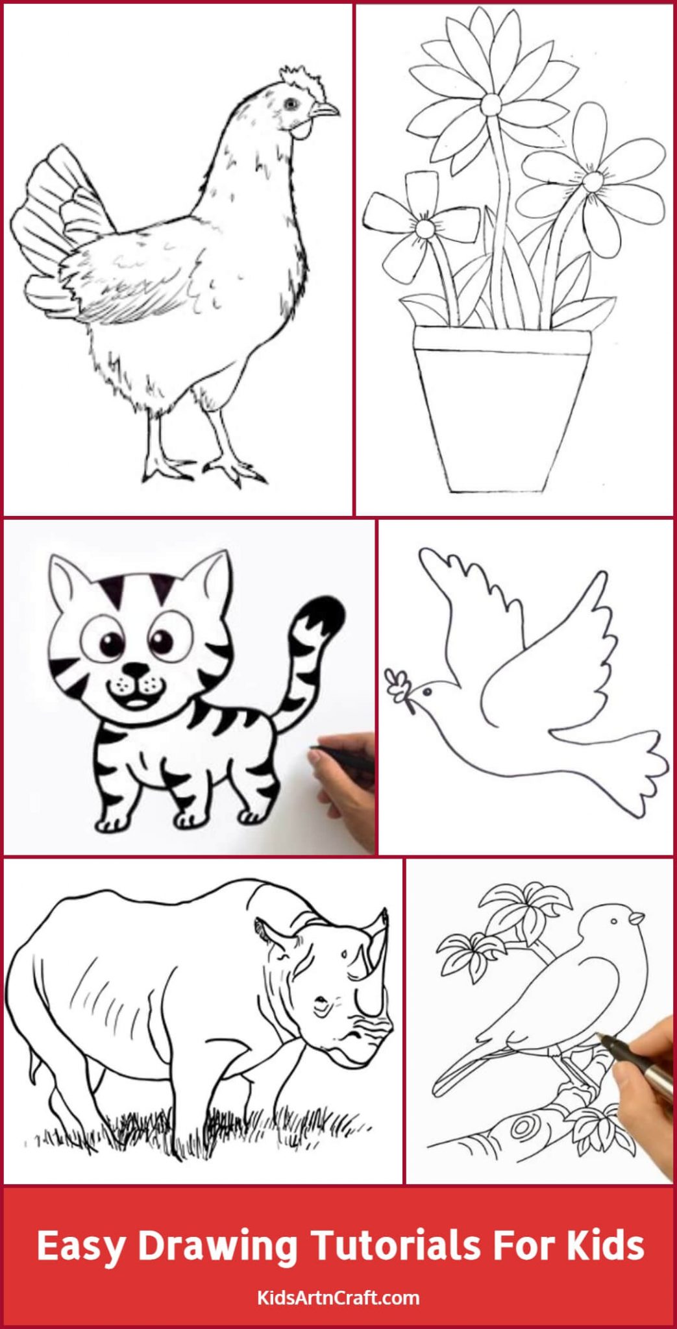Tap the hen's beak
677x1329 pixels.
tap(327, 111)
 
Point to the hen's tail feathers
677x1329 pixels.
tap(49, 221)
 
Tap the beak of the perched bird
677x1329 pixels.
tap(638, 918)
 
